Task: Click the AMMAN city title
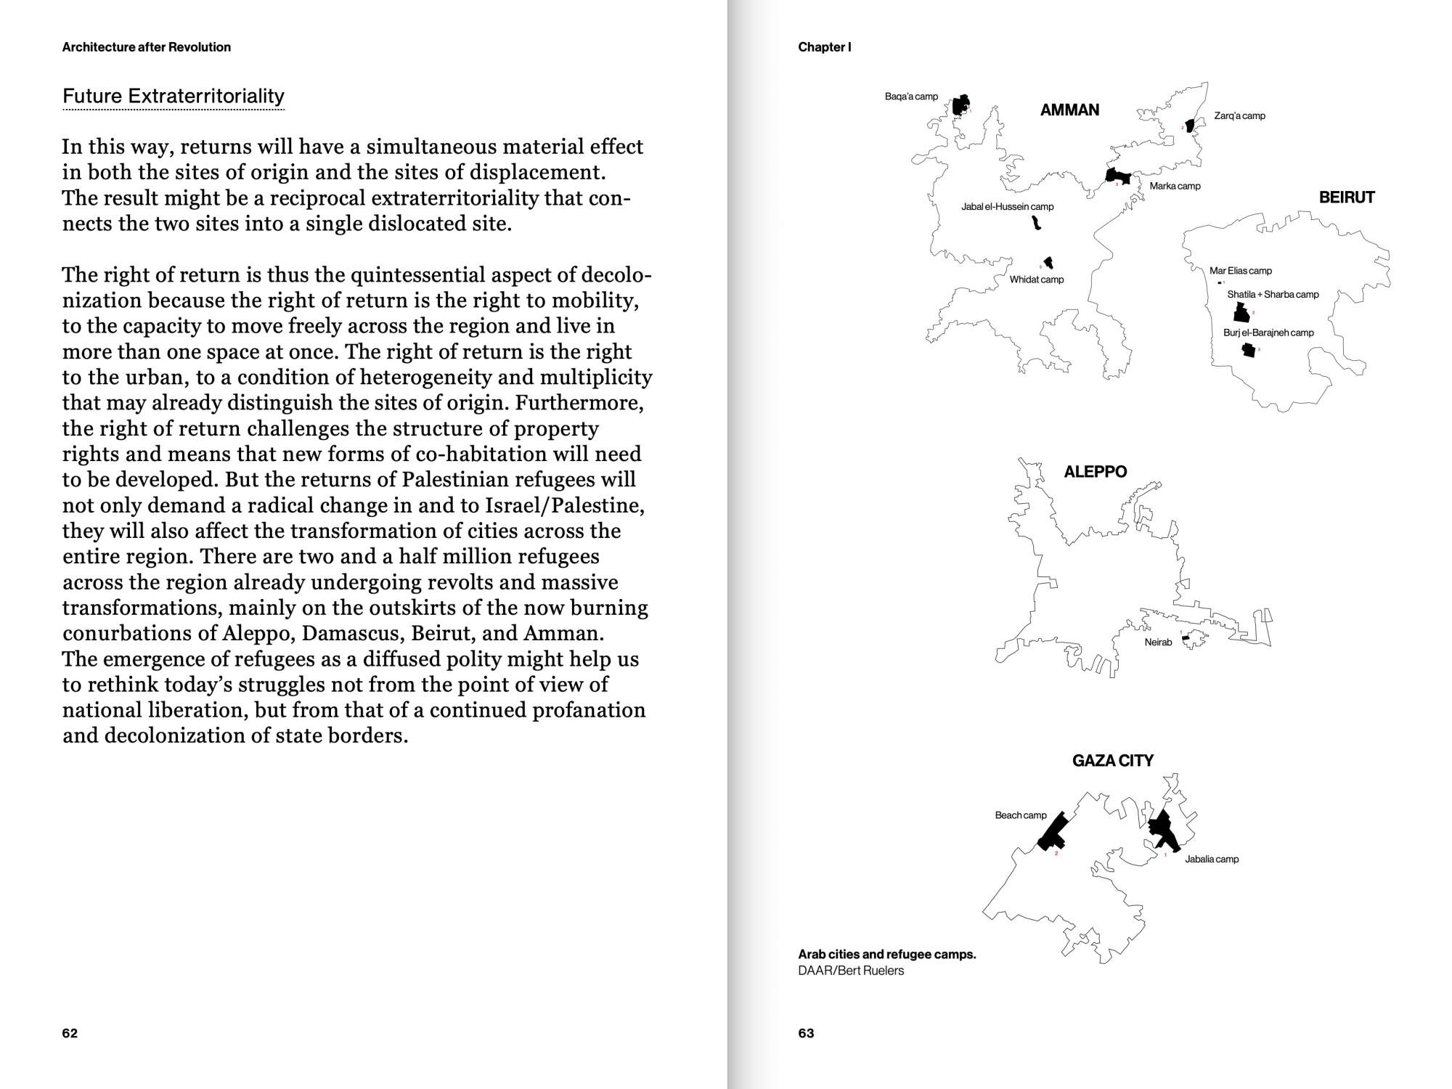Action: (x=1069, y=110)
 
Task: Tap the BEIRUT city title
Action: (x=1347, y=197)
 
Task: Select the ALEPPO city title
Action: (x=1095, y=472)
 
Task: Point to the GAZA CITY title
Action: (x=1112, y=761)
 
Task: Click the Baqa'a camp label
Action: (x=911, y=97)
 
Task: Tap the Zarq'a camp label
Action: (x=1239, y=116)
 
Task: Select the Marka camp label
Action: (x=1175, y=187)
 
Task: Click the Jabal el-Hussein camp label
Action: (x=1007, y=207)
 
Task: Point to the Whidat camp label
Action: (x=1036, y=280)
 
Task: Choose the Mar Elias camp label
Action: (x=1240, y=271)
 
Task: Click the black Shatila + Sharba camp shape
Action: (x=1241, y=313)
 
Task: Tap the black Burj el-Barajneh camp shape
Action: (x=1249, y=350)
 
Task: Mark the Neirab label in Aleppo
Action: (x=1158, y=643)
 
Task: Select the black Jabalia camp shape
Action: (x=1163, y=830)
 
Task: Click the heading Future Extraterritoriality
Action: (x=174, y=97)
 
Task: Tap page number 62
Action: (x=70, y=1033)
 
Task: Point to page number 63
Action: (x=806, y=1033)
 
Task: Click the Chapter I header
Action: (x=824, y=47)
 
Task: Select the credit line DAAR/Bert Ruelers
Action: (x=851, y=971)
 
